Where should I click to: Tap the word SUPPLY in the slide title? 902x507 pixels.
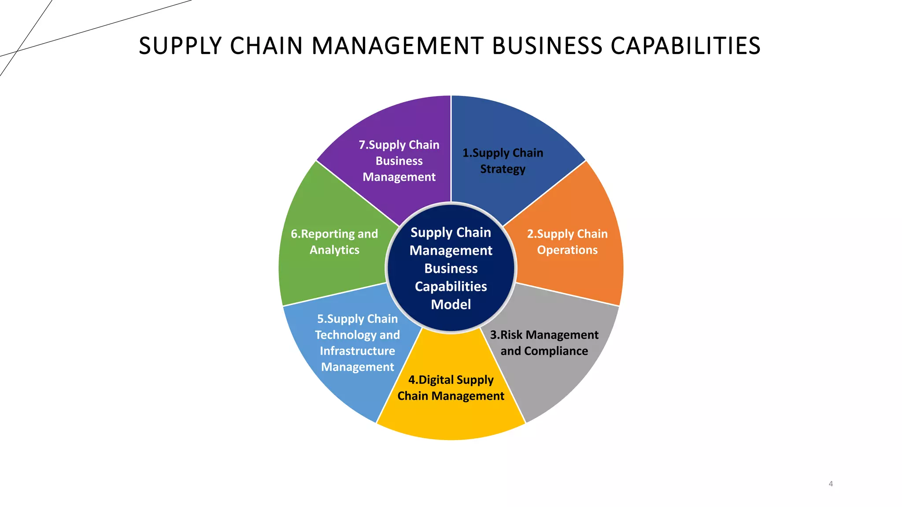[x=181, y=46]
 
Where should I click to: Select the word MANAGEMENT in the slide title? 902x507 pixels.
[x=398, y=46]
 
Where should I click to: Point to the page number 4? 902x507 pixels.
[x=831, y=484]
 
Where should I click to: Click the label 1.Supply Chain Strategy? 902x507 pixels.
[x=503, y=161]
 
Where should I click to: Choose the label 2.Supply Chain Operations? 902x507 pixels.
[x=567, y=242]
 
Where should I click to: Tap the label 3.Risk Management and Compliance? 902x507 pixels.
[x=544, y=343]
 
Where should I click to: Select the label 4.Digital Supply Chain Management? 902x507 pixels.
[x=451, y=388]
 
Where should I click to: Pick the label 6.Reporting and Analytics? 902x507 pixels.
[x=334, y=242]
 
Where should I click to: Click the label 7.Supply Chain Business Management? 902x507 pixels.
[x=399, y=161]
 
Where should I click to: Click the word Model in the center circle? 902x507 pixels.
[x=451, y=304]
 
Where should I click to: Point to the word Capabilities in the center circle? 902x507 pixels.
[x=451, y=287]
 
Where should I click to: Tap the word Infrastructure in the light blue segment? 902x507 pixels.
[x=357, y=351]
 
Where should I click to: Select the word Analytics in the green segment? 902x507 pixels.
[x=334, y=250]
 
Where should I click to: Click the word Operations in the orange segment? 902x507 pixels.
[x=567, y=250]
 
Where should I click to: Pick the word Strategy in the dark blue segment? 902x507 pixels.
[x=503, y=169]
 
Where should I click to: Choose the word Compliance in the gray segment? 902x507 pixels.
[x=556, y=351]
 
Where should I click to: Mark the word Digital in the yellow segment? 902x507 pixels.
[x=436, y=380]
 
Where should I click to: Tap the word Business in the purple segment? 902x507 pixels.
[x=399, y=161]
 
